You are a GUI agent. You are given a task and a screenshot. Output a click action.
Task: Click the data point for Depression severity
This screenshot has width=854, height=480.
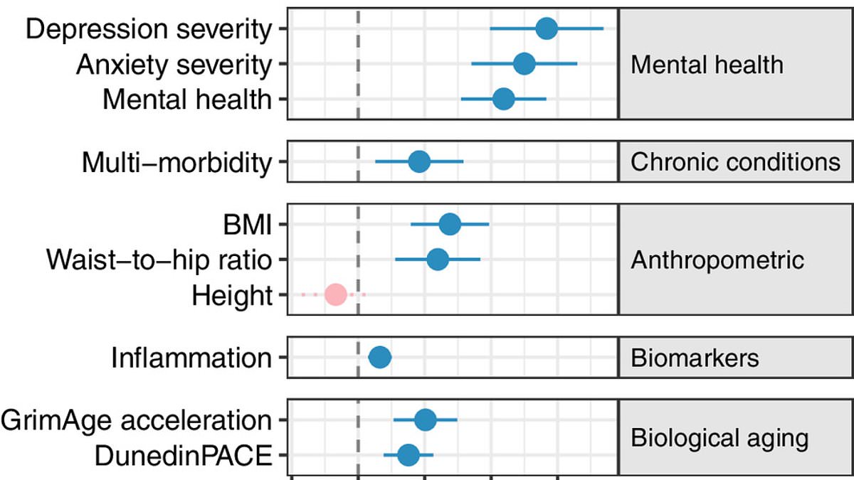click(546, 29)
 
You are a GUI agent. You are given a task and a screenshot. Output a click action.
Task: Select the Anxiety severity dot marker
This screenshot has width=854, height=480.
click(524, 64)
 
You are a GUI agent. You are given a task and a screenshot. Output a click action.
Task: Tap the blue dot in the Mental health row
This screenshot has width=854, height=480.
click(503, 99)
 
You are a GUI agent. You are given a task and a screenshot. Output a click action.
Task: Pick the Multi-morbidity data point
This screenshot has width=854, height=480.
click(419, 162)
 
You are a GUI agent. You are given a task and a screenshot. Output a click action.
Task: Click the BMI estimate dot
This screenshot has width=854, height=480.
click(450, 225)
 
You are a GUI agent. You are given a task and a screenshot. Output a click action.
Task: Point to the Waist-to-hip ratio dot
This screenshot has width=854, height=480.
click(438, 260)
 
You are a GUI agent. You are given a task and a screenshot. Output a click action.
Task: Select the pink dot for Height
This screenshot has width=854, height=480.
click(335, 294)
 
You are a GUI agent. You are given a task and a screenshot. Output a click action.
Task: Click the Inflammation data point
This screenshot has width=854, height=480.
click(379, 357)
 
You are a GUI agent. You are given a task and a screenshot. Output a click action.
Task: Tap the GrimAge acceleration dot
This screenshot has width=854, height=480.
click(425, 420)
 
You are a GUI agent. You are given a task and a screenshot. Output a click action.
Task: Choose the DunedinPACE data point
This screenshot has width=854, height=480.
click(408, 454)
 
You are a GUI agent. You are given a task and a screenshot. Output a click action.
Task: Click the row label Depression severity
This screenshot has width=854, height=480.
click(149, 30)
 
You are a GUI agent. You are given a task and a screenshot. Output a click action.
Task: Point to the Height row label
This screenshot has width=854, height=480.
click(232, 294)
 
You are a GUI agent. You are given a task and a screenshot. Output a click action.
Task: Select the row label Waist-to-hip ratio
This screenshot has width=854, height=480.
click(159, 260)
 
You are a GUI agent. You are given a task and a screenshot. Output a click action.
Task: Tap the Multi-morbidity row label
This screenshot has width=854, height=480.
click(176, 163)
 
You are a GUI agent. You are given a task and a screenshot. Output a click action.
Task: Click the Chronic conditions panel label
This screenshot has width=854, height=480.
click(735, 162)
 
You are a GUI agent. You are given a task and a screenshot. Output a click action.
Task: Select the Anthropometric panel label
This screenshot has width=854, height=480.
click(717, 260)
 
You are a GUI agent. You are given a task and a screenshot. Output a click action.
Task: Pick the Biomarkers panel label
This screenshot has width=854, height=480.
click(695, 357)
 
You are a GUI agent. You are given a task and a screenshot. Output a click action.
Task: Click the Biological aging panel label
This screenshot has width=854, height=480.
click(719, 437)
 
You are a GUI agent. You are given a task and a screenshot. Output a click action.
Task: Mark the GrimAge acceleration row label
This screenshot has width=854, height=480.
click(136, 420)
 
